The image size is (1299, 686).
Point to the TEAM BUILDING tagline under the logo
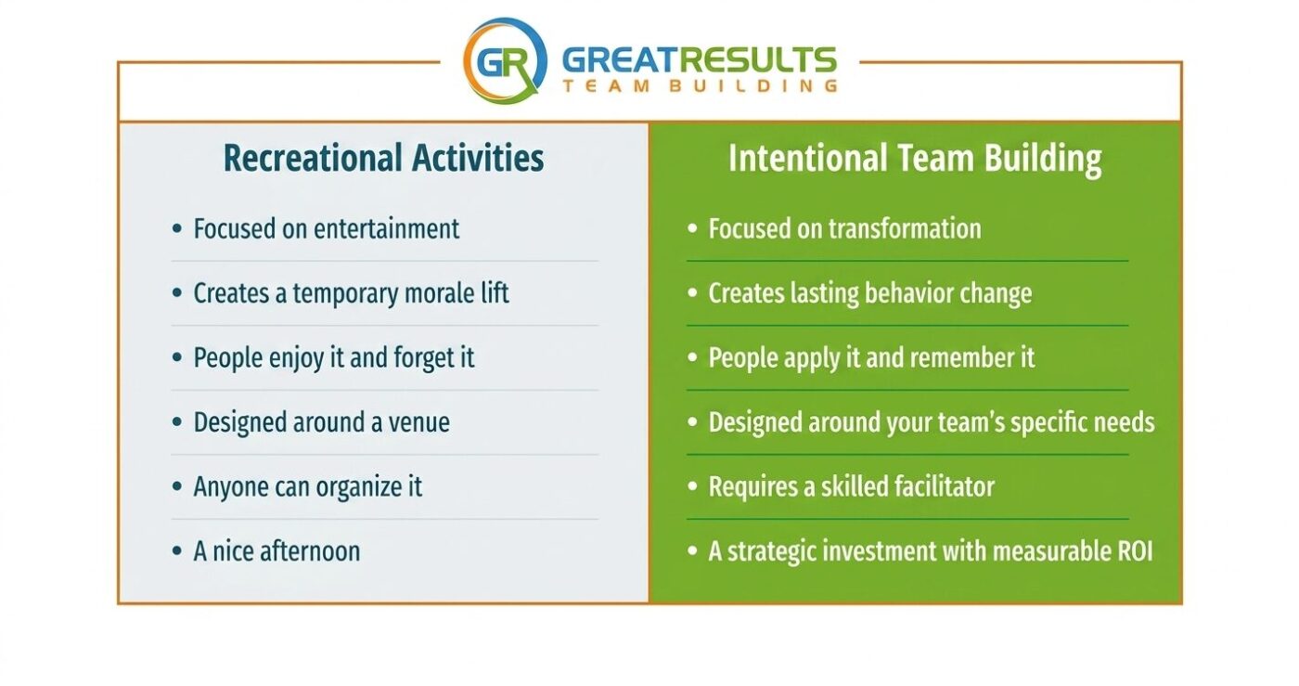pos(700,86)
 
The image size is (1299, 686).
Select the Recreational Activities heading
pos(384,158)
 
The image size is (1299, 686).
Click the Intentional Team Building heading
pos(915,159)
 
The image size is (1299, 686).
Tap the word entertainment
pos(386,228)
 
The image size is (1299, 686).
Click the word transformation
pos(905,228)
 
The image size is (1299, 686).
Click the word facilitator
pos(944,486)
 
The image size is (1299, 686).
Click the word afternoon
pos(310,551)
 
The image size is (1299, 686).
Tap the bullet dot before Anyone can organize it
pos(177,486)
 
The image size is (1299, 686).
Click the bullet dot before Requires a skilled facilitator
pos(692,486)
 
